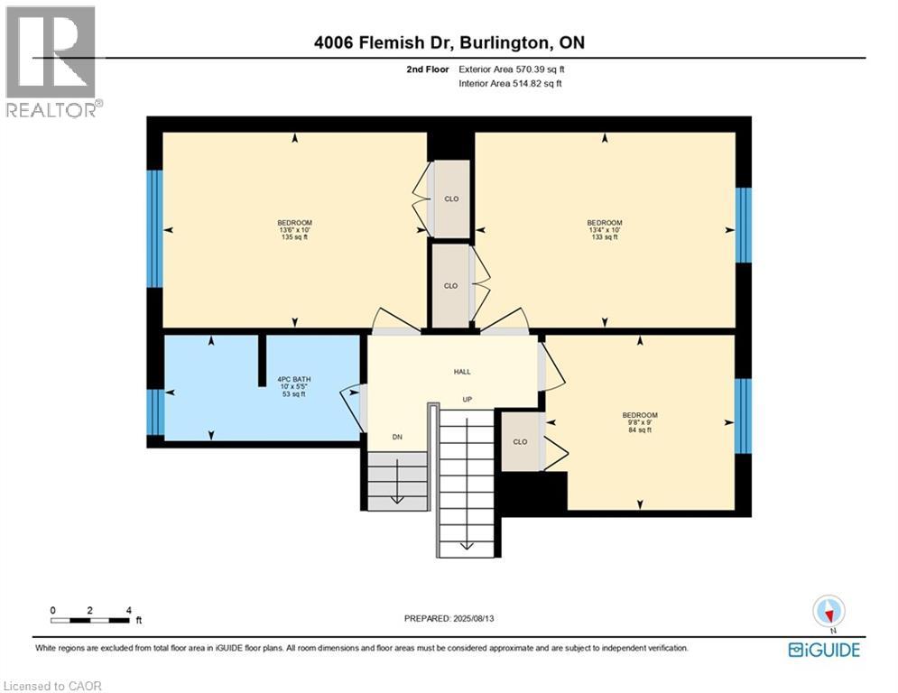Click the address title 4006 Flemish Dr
click(449, 43)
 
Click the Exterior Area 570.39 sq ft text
click(512, 69)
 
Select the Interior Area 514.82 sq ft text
click(512, 83)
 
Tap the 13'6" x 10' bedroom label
click(295, 230)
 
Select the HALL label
click(462, 372)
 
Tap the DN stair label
click(396, 436)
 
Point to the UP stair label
click(468, 400)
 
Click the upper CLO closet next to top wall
click(450, 199)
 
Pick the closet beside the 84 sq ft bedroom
click(521, 441)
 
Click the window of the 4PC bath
click(156, 411)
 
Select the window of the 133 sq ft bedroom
click(744, 225)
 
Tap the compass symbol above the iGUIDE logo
click(828, 612)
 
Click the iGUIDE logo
click(824, 650)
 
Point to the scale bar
click(90, 620)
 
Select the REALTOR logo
click(52, 61)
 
